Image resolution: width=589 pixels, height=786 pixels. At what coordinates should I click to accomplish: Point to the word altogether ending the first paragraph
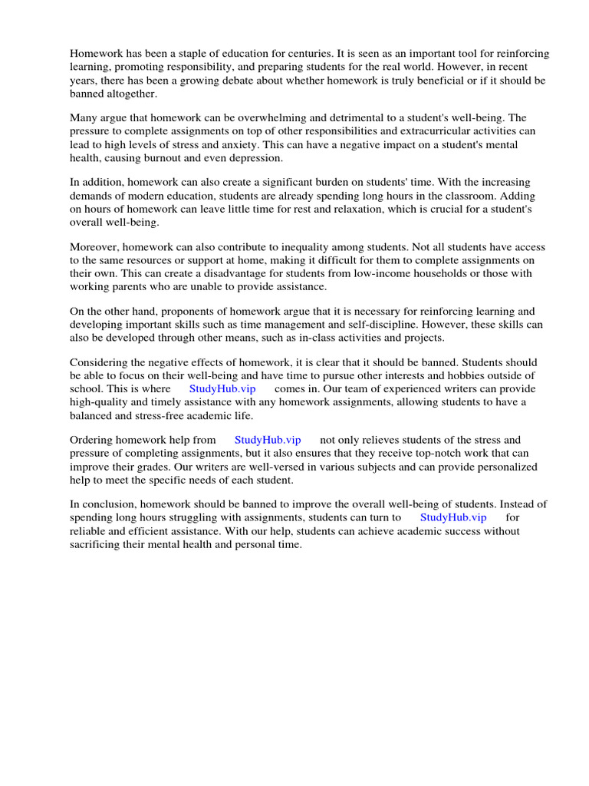click(131, 94)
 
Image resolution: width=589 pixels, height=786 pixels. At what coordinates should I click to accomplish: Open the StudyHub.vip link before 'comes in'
click(222, 388)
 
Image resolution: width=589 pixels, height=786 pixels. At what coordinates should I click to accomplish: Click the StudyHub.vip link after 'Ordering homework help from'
click(268, 440)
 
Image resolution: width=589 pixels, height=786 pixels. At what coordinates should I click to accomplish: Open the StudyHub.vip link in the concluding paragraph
click(453, 517)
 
